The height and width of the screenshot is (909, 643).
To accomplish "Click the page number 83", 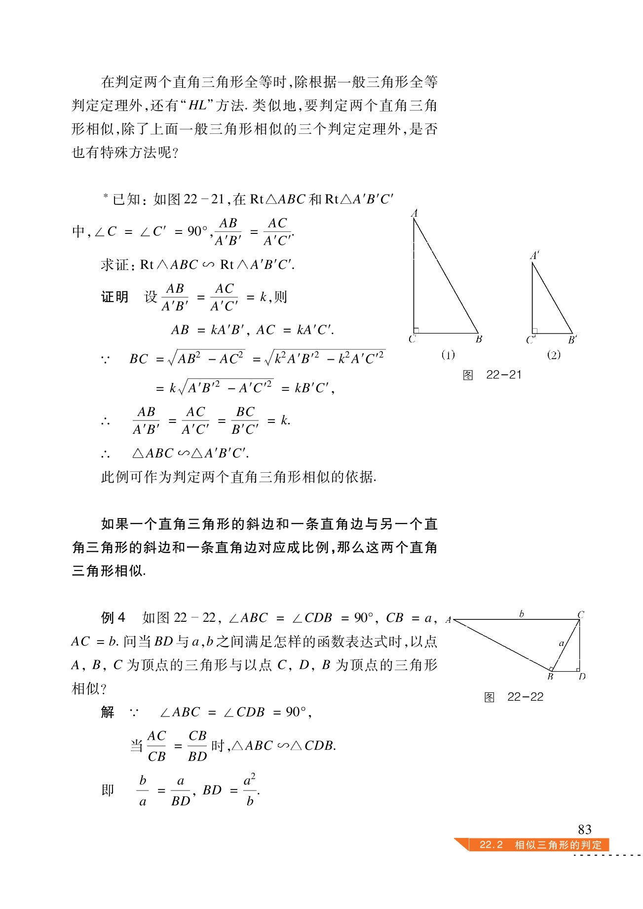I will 584,829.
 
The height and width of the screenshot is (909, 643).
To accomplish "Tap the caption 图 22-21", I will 492,375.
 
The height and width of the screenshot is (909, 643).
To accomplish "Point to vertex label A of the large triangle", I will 415,213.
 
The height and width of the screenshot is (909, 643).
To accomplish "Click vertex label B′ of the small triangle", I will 572,340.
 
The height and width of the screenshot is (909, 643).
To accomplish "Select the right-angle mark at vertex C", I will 416,330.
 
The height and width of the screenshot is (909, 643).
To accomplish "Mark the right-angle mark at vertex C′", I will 535,331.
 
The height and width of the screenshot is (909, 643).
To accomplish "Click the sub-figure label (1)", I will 448,355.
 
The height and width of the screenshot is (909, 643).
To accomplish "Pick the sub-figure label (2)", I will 554,355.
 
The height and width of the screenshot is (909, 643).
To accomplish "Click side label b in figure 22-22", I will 522,614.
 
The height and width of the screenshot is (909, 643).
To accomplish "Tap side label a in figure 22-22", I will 561,643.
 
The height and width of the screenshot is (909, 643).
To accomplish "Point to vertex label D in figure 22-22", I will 582,677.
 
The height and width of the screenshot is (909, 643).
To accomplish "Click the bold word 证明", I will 115,297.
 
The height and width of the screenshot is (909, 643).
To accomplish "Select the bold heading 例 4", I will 113,617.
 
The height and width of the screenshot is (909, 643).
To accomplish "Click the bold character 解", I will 108,712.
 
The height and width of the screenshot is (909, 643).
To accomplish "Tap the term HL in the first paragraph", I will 198,106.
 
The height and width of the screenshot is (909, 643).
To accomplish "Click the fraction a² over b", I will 250,790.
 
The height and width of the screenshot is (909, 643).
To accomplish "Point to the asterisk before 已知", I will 106,196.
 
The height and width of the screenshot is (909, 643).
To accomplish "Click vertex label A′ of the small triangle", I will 534,256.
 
